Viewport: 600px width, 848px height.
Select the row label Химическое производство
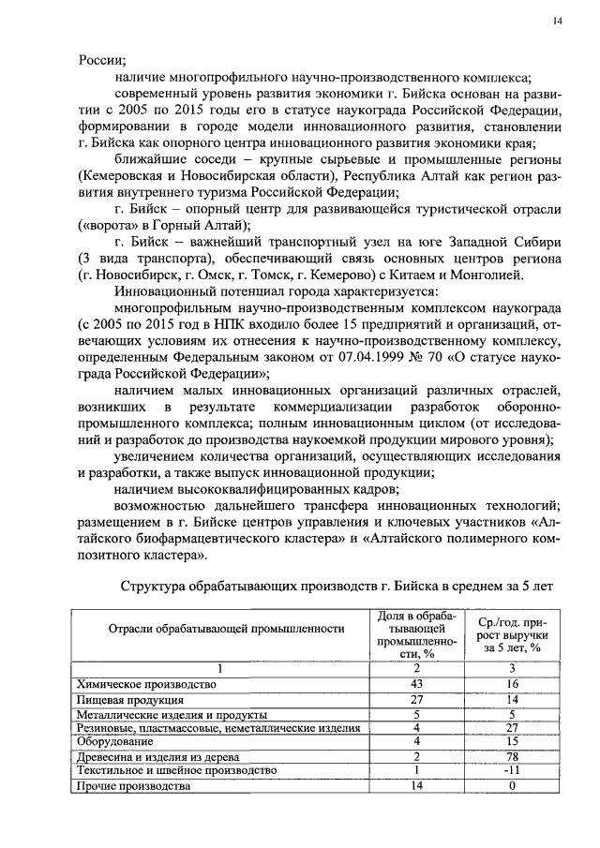(x=146, y=685)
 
